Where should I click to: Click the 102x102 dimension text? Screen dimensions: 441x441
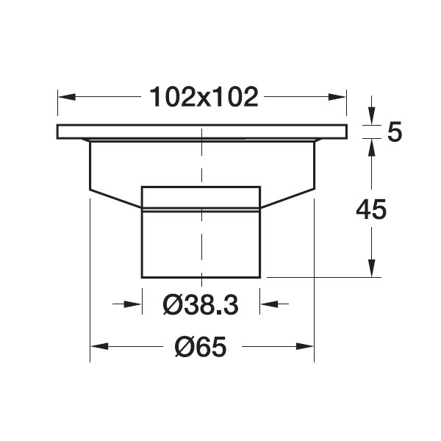(x=204, y=97)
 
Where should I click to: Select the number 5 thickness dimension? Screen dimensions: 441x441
(x=395, y=132)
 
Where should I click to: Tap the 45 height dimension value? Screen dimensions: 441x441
(x=371, y=209)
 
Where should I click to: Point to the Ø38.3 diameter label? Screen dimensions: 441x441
(x=201, y=305)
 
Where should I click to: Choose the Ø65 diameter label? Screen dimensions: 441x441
(x=201, y=346)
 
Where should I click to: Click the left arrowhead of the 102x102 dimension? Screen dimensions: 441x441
(x=67, y=97)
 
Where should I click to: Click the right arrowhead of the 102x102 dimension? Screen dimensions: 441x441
(x=337, y=97)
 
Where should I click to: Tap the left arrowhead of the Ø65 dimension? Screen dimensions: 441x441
(x=99, y=346)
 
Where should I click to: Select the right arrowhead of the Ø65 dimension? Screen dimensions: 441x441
(x=305, y=346)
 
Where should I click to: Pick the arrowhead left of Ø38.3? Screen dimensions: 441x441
(x=133, y=304)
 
